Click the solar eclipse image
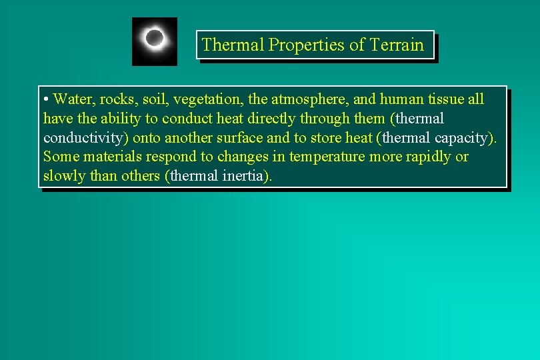(x=155, y=41)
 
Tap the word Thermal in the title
(x=233, y=45)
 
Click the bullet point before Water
(x=46, y=100)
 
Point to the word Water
(x=73, y=99)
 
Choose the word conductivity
(x=86, y=138)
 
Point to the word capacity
(x=464, y=138)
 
